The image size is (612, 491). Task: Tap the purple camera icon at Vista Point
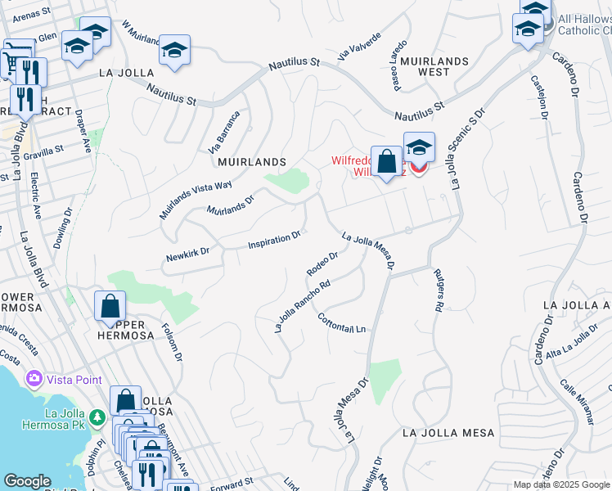click(x=34, y=379)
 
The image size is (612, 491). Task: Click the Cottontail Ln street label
click(x=341, y=324)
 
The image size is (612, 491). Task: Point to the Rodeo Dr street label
click(x=322, y=264)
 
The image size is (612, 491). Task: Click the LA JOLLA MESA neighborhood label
click(x=446, y=432)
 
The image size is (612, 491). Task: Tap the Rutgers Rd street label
click(x=438, y=290)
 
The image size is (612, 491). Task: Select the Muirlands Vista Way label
click(x=196, y=198)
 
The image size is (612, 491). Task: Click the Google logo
click(x=28, y=481)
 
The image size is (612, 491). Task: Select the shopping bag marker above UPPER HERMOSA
click(x=110, y=307)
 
